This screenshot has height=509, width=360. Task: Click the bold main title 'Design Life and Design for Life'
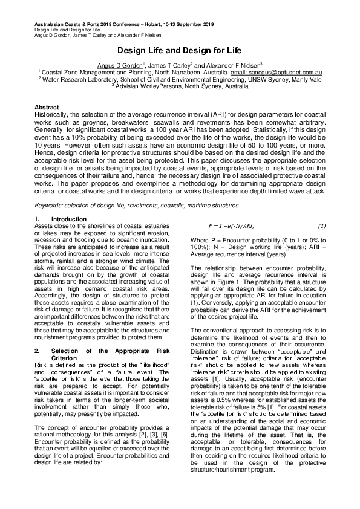click(180, 53)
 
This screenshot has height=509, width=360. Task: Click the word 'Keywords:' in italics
click(51, 189)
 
